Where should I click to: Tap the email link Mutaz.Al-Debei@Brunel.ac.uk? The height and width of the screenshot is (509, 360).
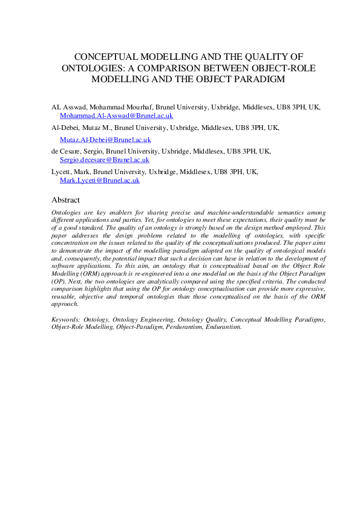pyautogui.click(x=105, y=139)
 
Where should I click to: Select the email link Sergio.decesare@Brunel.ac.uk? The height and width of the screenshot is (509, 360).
pyautogui.click(x=104, y=160)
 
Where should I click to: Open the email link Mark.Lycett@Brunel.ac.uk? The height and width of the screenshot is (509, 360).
pyautogui.click(x=99, y=180)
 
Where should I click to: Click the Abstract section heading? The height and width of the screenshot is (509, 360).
pyautogui.click(x=65, y=199)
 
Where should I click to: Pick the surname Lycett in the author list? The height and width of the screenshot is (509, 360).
pyautogui.click(x=63, y=172)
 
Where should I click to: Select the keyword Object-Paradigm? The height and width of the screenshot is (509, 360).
pyautogui.click(x=129, y=326)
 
